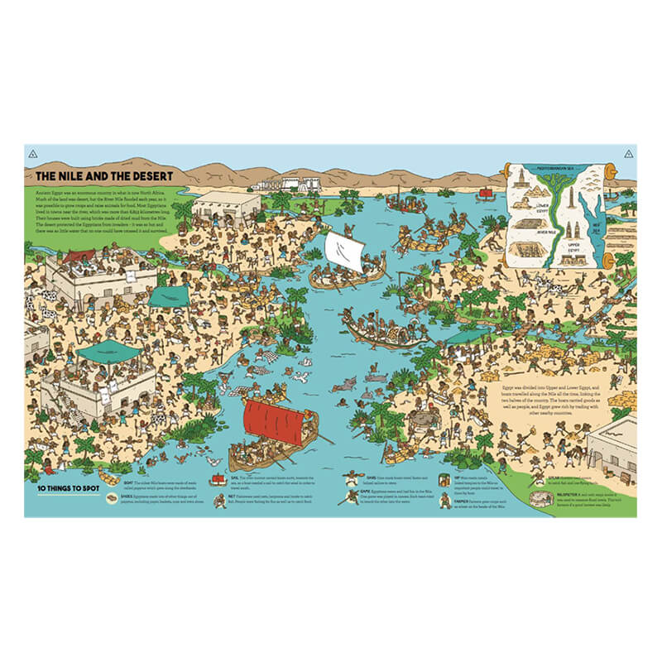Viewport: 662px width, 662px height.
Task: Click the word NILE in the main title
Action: tap(79, 176)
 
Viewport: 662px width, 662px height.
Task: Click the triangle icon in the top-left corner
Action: tap(32, 154)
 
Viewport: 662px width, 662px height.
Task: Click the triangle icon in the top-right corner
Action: tap(630, 154)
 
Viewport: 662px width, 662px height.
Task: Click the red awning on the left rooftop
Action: tap(79, 257)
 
